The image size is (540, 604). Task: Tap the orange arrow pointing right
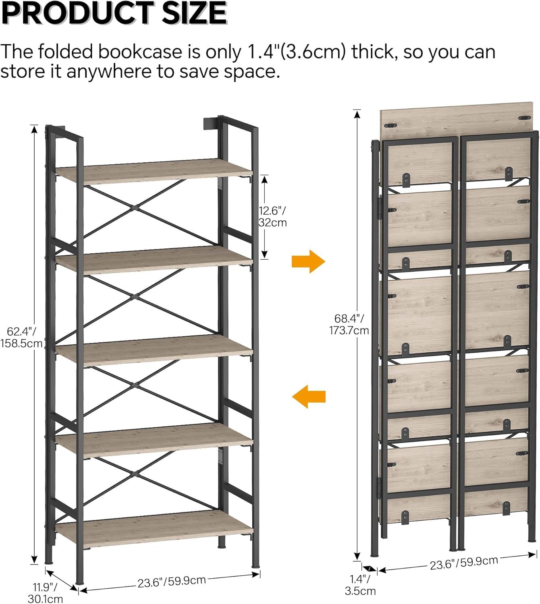pyautogui.click(x=308, y=261)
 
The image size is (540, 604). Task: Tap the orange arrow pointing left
pyautogui.click(x=309, y=396)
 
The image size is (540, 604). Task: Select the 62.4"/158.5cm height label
pyautogui.click(x=21, y=337)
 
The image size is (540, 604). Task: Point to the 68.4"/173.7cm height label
pyautogui.click(x=349, y=325)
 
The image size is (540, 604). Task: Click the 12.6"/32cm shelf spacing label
pyautogui.click(x=272, y=217)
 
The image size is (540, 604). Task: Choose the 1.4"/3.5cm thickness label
pyautogui.click(x=360, y=585)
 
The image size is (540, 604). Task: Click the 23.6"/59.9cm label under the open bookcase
pyautogui.click(x=172, y=581)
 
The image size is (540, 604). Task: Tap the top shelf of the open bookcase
pyautogui.click(x=154, y=171)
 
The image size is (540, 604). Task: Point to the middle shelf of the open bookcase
pyautogui.click(x=154, y=350)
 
